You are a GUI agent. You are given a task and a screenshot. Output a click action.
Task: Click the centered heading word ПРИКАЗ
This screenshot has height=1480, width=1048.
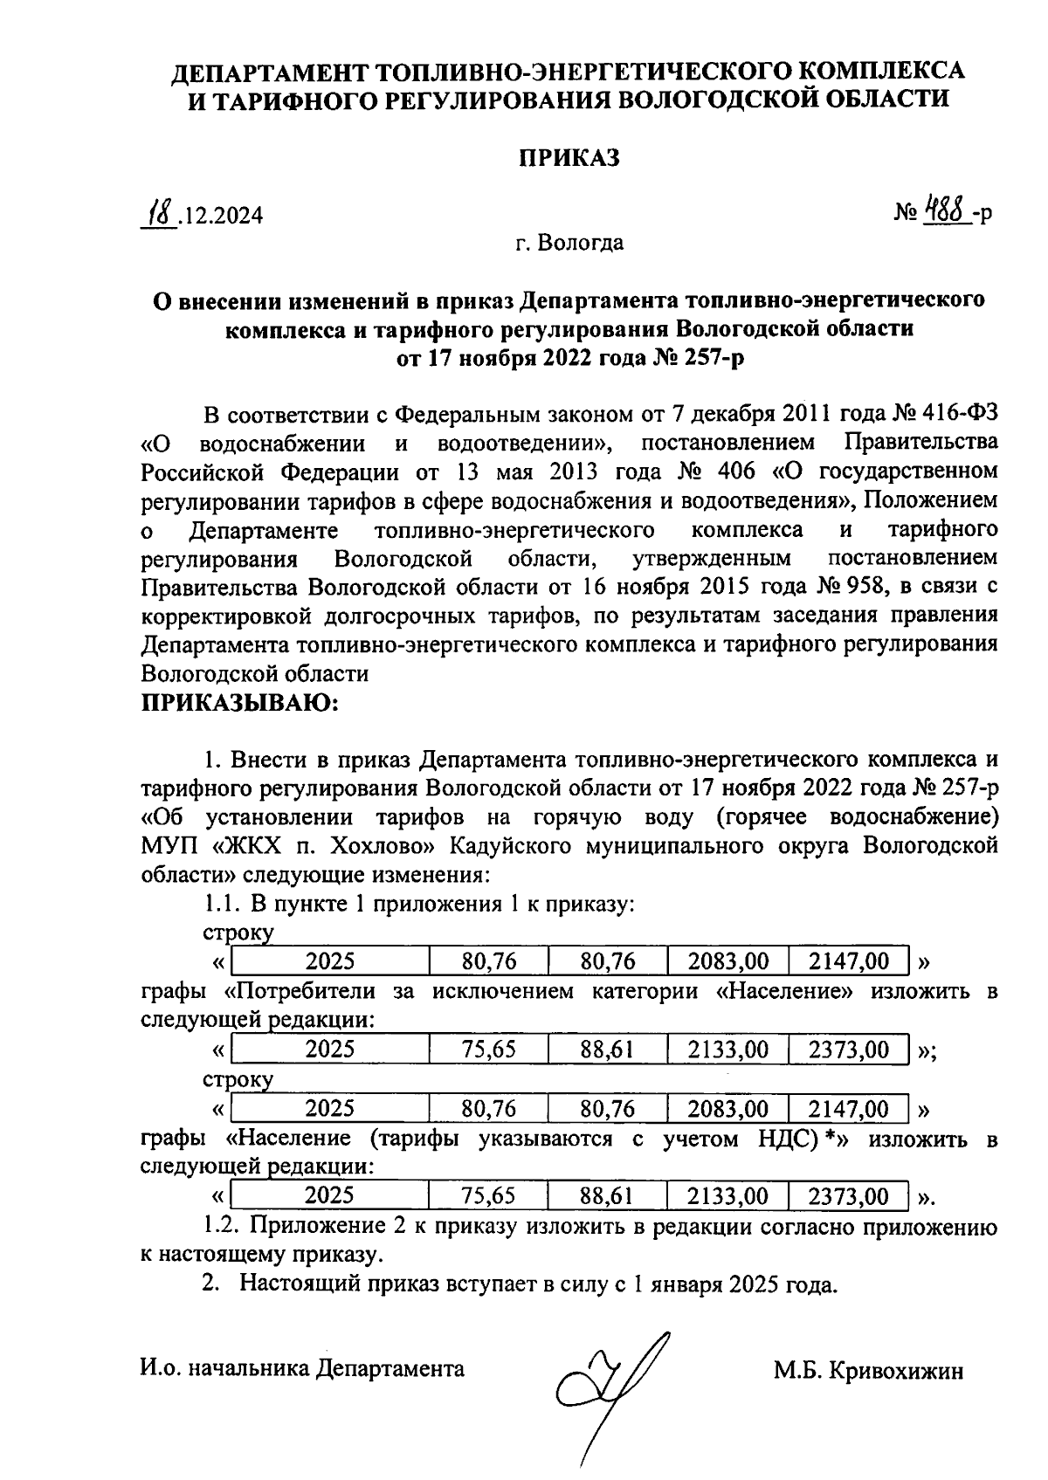tap(569, 158)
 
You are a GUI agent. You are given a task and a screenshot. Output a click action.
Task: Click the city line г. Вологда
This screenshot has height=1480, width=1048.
tap(569, 242)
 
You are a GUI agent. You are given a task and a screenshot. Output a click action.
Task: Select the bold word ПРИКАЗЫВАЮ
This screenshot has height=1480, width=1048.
tap(238, 702)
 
